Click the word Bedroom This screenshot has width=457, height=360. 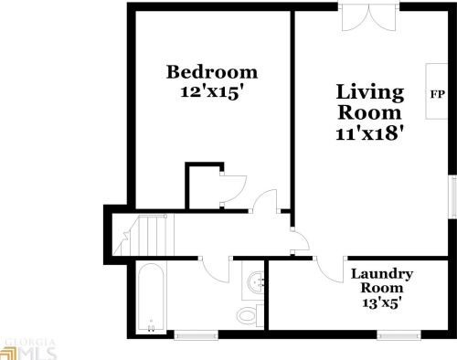coord(211,72)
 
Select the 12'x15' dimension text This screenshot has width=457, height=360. coord(211,91)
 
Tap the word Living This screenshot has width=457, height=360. coord(369,92)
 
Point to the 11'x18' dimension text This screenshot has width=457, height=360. coord(369,132)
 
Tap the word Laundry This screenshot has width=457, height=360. coord(382,274)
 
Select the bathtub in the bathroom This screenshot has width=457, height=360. coord(151,298)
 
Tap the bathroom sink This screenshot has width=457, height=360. coord(255,282)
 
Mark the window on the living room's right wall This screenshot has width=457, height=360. coord(452,197)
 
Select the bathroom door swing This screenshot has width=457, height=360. coord(214,268)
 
